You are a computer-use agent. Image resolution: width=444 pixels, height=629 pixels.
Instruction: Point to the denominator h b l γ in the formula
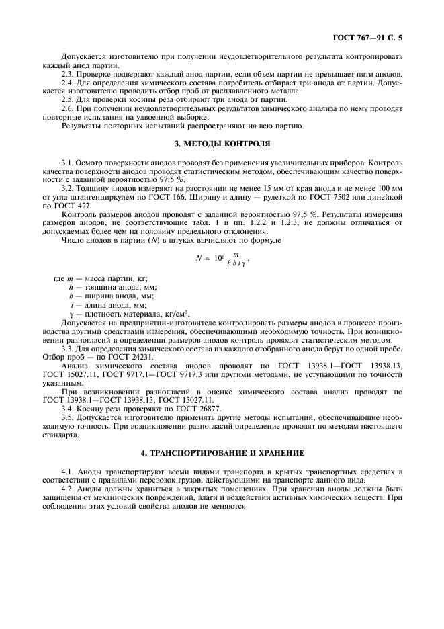tap(238, 263)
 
